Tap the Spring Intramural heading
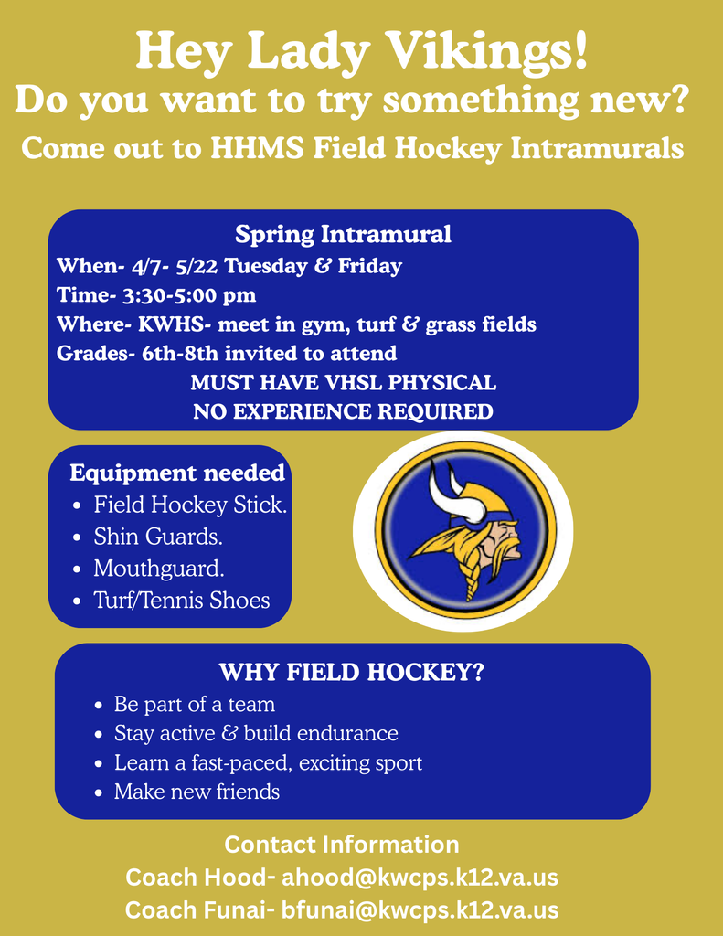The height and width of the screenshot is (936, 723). coord(343,234)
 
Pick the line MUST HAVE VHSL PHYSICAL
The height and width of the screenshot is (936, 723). coord(343,382)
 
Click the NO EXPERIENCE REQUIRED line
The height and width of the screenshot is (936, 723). coord(343,411)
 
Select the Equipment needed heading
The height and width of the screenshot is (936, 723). coord(177,473)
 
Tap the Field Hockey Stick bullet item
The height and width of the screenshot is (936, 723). coord(190,505)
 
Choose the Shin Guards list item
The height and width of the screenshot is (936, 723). coord(158,536)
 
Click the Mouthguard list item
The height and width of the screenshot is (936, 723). coord(159,568)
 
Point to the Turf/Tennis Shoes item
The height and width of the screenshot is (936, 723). coord(182,600)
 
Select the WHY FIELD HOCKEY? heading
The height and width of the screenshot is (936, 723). coord(351,673)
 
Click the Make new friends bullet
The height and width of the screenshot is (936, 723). coord(197,792)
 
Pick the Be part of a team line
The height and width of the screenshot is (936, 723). coord(194,705)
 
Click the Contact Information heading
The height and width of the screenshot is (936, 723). coord(342,844)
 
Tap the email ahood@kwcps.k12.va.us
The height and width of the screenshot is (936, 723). coord(420,877)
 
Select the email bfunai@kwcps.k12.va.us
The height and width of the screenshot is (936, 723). coord(420,910)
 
